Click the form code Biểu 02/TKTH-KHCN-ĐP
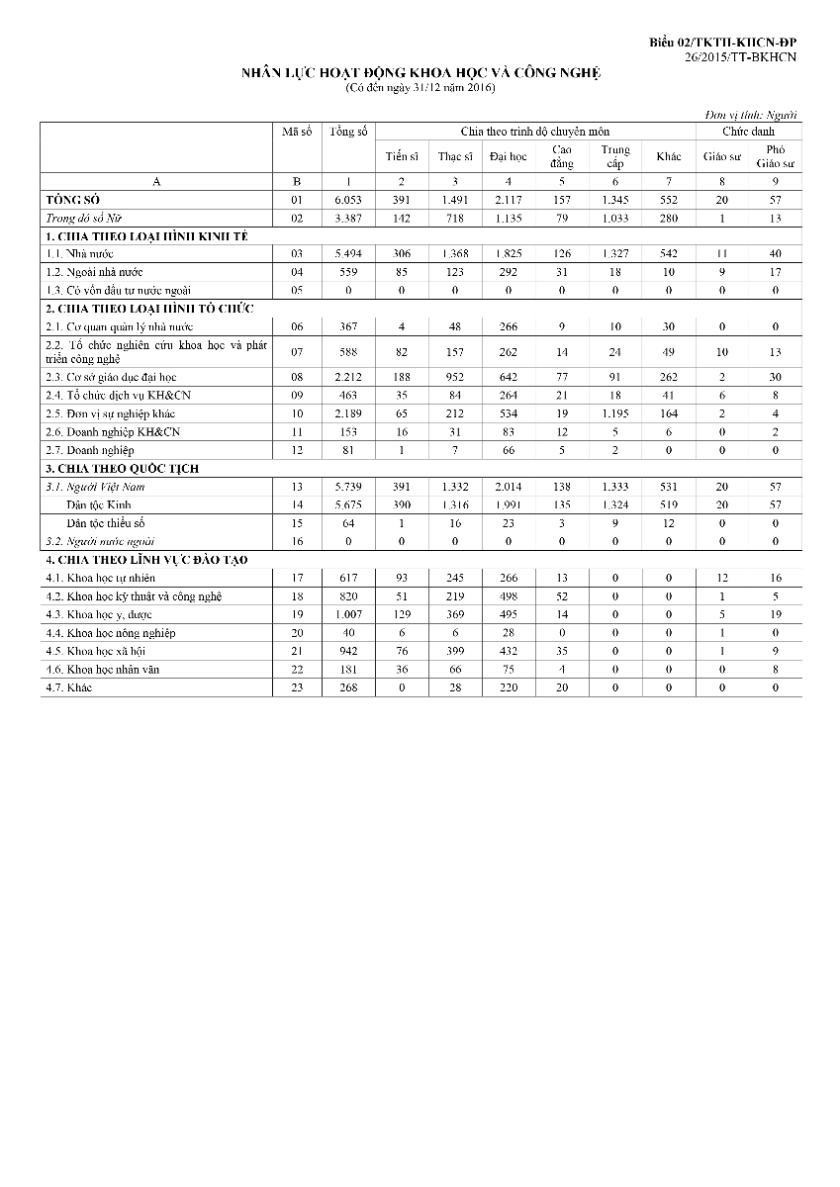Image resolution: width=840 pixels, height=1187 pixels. coord(723,43)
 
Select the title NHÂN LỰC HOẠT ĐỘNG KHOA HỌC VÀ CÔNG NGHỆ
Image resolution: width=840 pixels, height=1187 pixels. coord(421,73)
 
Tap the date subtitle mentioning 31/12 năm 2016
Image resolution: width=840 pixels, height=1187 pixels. coord(420,88)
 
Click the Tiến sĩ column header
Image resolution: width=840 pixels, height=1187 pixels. coord(401,156)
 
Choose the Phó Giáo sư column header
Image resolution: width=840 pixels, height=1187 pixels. coord(775,155)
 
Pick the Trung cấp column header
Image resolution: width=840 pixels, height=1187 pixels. coord(614,156)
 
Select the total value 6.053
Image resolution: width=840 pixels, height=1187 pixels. coord(348,200)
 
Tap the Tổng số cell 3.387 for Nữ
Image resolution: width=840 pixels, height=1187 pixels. coord(348,218)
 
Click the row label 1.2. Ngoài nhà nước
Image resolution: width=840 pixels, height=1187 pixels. coord(94,272)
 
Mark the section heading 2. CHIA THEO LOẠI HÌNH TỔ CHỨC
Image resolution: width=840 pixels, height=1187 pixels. coord(149,309)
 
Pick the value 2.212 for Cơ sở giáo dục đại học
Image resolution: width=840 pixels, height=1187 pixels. coord(348,377)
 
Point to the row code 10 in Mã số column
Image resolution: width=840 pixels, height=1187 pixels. coord(297,413)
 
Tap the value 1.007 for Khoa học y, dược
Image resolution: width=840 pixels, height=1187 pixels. coord(348,614)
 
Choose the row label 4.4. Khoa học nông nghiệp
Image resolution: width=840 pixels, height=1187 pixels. coord(110,633)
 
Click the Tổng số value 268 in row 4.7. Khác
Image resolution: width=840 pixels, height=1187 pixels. coord(348,687)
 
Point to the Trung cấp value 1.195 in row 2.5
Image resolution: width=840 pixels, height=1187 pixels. coord(614,413)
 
